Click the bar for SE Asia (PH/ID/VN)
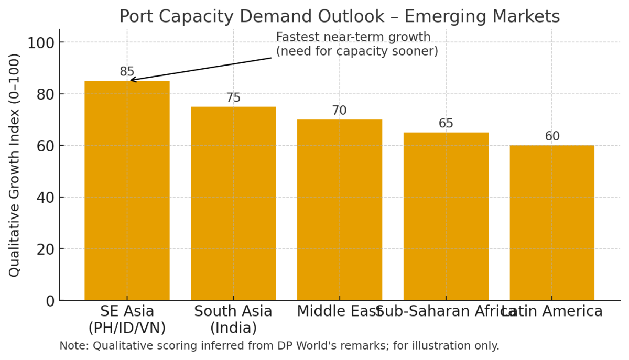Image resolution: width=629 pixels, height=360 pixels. tap(127, 191)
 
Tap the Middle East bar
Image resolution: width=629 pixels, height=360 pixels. tap(340, 210)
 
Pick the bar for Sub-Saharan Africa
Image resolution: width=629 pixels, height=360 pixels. tap(446, 216)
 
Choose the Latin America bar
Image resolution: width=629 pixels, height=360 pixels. tap(552, 223)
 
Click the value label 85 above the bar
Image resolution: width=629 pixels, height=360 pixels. tap(127, 72)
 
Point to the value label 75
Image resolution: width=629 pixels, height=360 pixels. tap(233, 98)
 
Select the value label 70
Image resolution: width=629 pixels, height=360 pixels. tap(340, 111)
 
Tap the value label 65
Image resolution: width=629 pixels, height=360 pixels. tap(446, 124)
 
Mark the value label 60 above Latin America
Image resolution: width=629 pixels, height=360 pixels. tap(552, 137)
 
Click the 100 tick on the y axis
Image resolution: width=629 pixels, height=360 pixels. tap(41, 43)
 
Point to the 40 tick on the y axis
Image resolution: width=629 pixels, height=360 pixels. tap(46, 198)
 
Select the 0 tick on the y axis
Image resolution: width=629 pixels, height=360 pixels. tap(50, 301)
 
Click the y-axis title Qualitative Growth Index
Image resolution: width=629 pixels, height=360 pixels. tap(15, 165)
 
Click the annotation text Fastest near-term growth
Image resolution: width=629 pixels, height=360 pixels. tap(353, 37)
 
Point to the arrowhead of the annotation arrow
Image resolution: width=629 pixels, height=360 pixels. tap(131, 80)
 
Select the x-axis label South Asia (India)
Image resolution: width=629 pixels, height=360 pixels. tap(233, 320)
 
